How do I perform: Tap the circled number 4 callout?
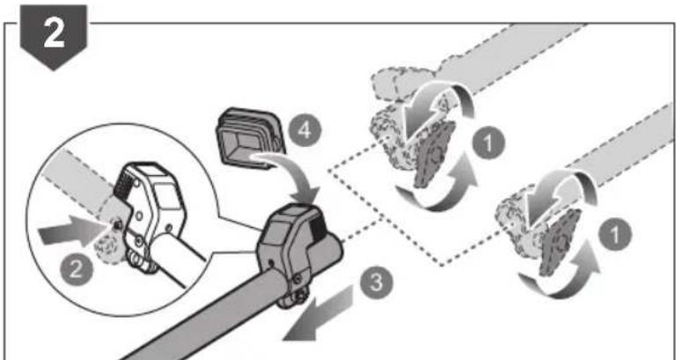click(305, 130)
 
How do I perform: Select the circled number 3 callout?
click(377, 283)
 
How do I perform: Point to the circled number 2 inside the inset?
click(76, 271)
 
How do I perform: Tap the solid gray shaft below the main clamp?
click(202, 319)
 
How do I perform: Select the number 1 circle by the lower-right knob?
click(615, 234)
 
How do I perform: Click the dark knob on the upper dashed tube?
click(434, 155)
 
